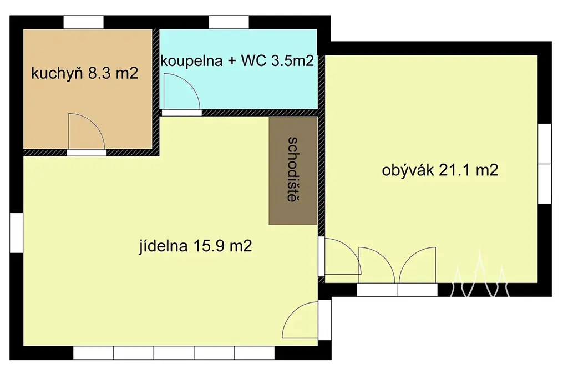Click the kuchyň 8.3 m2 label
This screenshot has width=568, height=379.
pos(85,74)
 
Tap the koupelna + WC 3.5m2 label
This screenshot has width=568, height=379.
pos(237,61)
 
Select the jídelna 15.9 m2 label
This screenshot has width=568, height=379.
pos(195,246)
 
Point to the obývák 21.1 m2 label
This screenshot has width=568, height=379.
pos(440,170)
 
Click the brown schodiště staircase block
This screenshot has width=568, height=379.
pos(293,171)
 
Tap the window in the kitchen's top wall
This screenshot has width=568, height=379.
pos(84,22)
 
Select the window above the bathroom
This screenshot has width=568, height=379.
pos(229,22)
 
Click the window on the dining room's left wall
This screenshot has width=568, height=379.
pos(16,233)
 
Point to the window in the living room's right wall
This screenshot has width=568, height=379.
pos(545,164)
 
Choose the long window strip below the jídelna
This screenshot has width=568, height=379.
pos(174,353)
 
